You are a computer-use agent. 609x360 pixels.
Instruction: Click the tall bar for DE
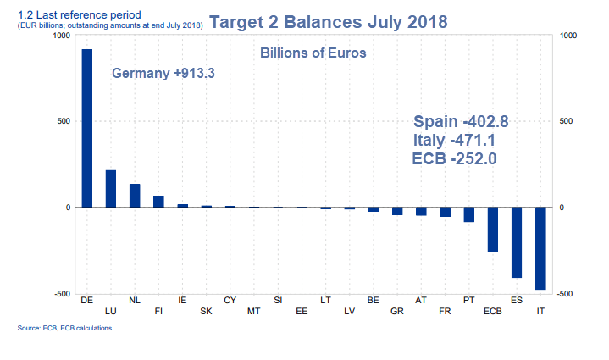coord(86,127)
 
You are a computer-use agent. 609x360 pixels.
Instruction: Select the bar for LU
coord(110,189)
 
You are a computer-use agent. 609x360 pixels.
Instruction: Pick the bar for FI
coord(158,202)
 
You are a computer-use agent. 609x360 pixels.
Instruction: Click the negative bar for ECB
coord(492,229)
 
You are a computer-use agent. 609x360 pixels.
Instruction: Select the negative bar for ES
coord(516,242)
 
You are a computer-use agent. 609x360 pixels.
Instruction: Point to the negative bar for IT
coord(540,248)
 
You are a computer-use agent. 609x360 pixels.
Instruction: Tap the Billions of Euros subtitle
coord(312,53)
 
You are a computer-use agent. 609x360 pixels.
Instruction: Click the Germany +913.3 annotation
coord(163,74)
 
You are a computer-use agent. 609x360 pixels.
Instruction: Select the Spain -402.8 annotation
coord(460,121)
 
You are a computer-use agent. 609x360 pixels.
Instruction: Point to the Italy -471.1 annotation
coord(453,140)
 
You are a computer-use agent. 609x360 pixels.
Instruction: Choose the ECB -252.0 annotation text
coord(453,158)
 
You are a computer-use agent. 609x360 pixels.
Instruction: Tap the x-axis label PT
coord(468,300)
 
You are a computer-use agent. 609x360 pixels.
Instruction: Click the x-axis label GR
coord(396,311)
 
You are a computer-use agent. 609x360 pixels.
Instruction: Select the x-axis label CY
coord(230,300)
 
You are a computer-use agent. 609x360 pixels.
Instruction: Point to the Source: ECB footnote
coord(64,328)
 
